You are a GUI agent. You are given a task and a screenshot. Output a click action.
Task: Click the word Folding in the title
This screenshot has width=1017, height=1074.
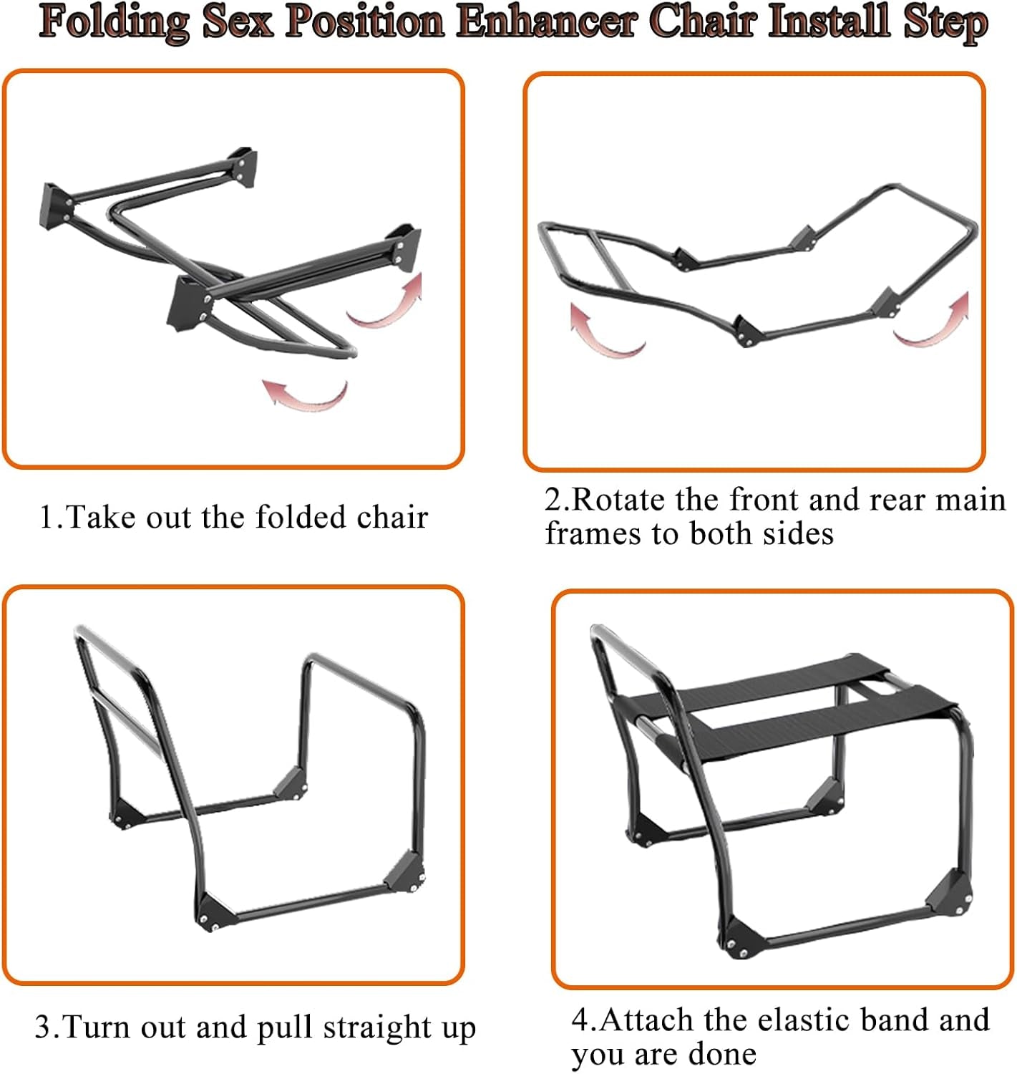click(114, 23)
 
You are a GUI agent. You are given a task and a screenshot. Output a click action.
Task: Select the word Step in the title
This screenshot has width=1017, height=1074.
click(945, 24)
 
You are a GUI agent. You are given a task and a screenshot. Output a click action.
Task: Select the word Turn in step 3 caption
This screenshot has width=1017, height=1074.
click(97, 1026)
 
